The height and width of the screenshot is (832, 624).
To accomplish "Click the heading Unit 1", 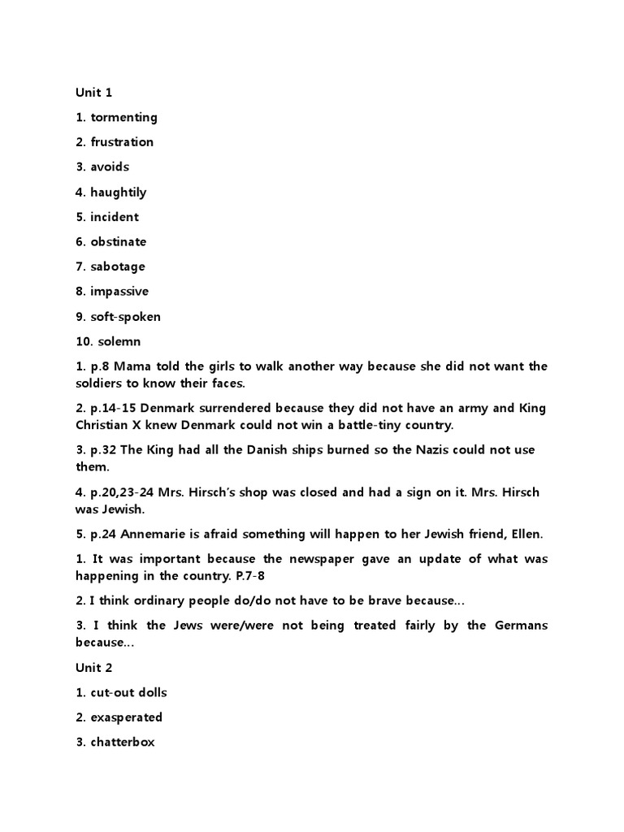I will click(x=93, y=93).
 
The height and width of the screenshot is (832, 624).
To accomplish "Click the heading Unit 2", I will click(x=93, y=668).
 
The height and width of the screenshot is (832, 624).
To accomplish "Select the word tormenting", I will click(x=123, y=118).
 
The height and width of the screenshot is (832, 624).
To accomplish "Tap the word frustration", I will click(x=122, y=142).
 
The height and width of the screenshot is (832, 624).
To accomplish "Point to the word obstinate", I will click(x=119, y=242).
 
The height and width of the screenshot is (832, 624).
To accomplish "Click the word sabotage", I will click(x=118, y=266).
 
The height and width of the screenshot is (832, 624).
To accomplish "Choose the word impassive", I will click(x=119, y=292).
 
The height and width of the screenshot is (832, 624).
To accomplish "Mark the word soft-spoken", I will click(x=126, y=317).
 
